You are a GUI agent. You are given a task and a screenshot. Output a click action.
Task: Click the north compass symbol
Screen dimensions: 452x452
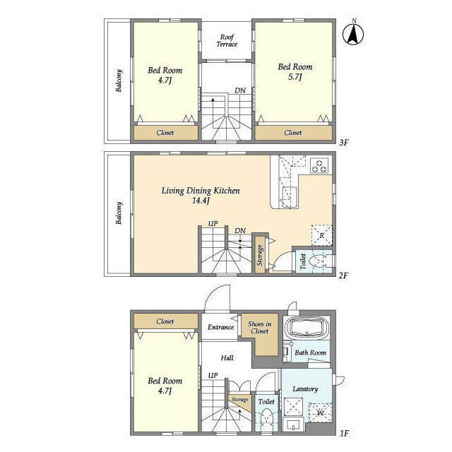coord(353,33)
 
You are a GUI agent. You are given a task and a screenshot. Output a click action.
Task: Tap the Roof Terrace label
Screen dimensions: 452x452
coord(227,40)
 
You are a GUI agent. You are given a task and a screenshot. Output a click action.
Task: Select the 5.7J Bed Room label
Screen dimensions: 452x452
coord(292,72)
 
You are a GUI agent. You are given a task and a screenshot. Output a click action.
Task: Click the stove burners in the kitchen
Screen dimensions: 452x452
coord(320,166)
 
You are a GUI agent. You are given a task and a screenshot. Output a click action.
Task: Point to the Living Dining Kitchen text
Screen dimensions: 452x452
coord(201,191)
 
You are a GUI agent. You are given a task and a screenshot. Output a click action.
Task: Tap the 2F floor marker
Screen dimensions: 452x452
coord(344,275)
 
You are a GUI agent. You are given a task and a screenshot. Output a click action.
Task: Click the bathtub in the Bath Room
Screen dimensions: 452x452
coord(307,331)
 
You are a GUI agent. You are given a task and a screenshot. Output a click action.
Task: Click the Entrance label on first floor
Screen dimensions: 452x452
coord(221,327)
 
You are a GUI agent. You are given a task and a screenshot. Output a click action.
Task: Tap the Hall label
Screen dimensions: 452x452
coord(227,358)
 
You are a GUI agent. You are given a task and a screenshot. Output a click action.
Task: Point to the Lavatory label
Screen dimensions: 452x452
coord(305,388)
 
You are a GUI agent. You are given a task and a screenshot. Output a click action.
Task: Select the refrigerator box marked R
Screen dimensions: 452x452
coord(322,236)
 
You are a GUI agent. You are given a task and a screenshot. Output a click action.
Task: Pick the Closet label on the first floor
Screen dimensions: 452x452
coord(165,321)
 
